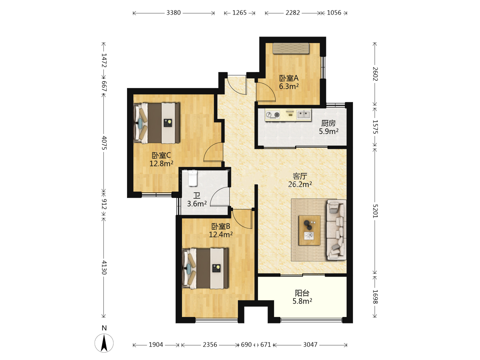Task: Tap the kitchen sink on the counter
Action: [x=304, y=115]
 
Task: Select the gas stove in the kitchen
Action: [x=273, y=115]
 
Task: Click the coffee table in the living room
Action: [x=309, y=230]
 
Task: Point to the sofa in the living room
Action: [x=336, y=230]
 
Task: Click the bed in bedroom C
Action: [x=157, y=123]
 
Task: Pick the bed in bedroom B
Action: [x=205, y=268]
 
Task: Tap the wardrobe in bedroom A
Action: [x=291, y=48]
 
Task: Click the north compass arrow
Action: [x=104, y=343]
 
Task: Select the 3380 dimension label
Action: [x=173, y=13]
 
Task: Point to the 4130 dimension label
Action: [x=104, y=268]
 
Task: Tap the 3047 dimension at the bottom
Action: [x=310, y=345]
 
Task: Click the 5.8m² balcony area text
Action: [x=302, y=301]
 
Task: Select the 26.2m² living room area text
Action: [x=300, y=184]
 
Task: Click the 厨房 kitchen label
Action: [x=328, y=123]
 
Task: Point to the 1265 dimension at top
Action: [x=239, y=13]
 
